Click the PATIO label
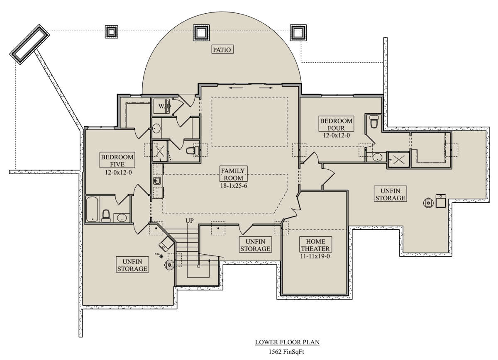point(222,49)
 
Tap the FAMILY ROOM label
point(233,174)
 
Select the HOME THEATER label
point(315,245)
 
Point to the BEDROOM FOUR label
point(336,124)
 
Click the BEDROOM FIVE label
point(117,161)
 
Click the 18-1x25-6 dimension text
point(233,186)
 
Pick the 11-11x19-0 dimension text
point(315,256)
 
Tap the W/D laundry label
point(164,106)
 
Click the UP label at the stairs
point(189,221)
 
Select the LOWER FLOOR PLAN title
point(287,342)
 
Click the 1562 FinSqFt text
point(286,352)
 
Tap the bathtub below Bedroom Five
point(92,209)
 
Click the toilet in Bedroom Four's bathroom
point(374,122)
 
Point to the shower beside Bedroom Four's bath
point(399,160)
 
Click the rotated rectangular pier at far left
point(29,44)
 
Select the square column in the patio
point(201,33)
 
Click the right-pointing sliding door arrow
point(266,88)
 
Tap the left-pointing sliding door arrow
point(236,88)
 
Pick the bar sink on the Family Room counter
point(157,181)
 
